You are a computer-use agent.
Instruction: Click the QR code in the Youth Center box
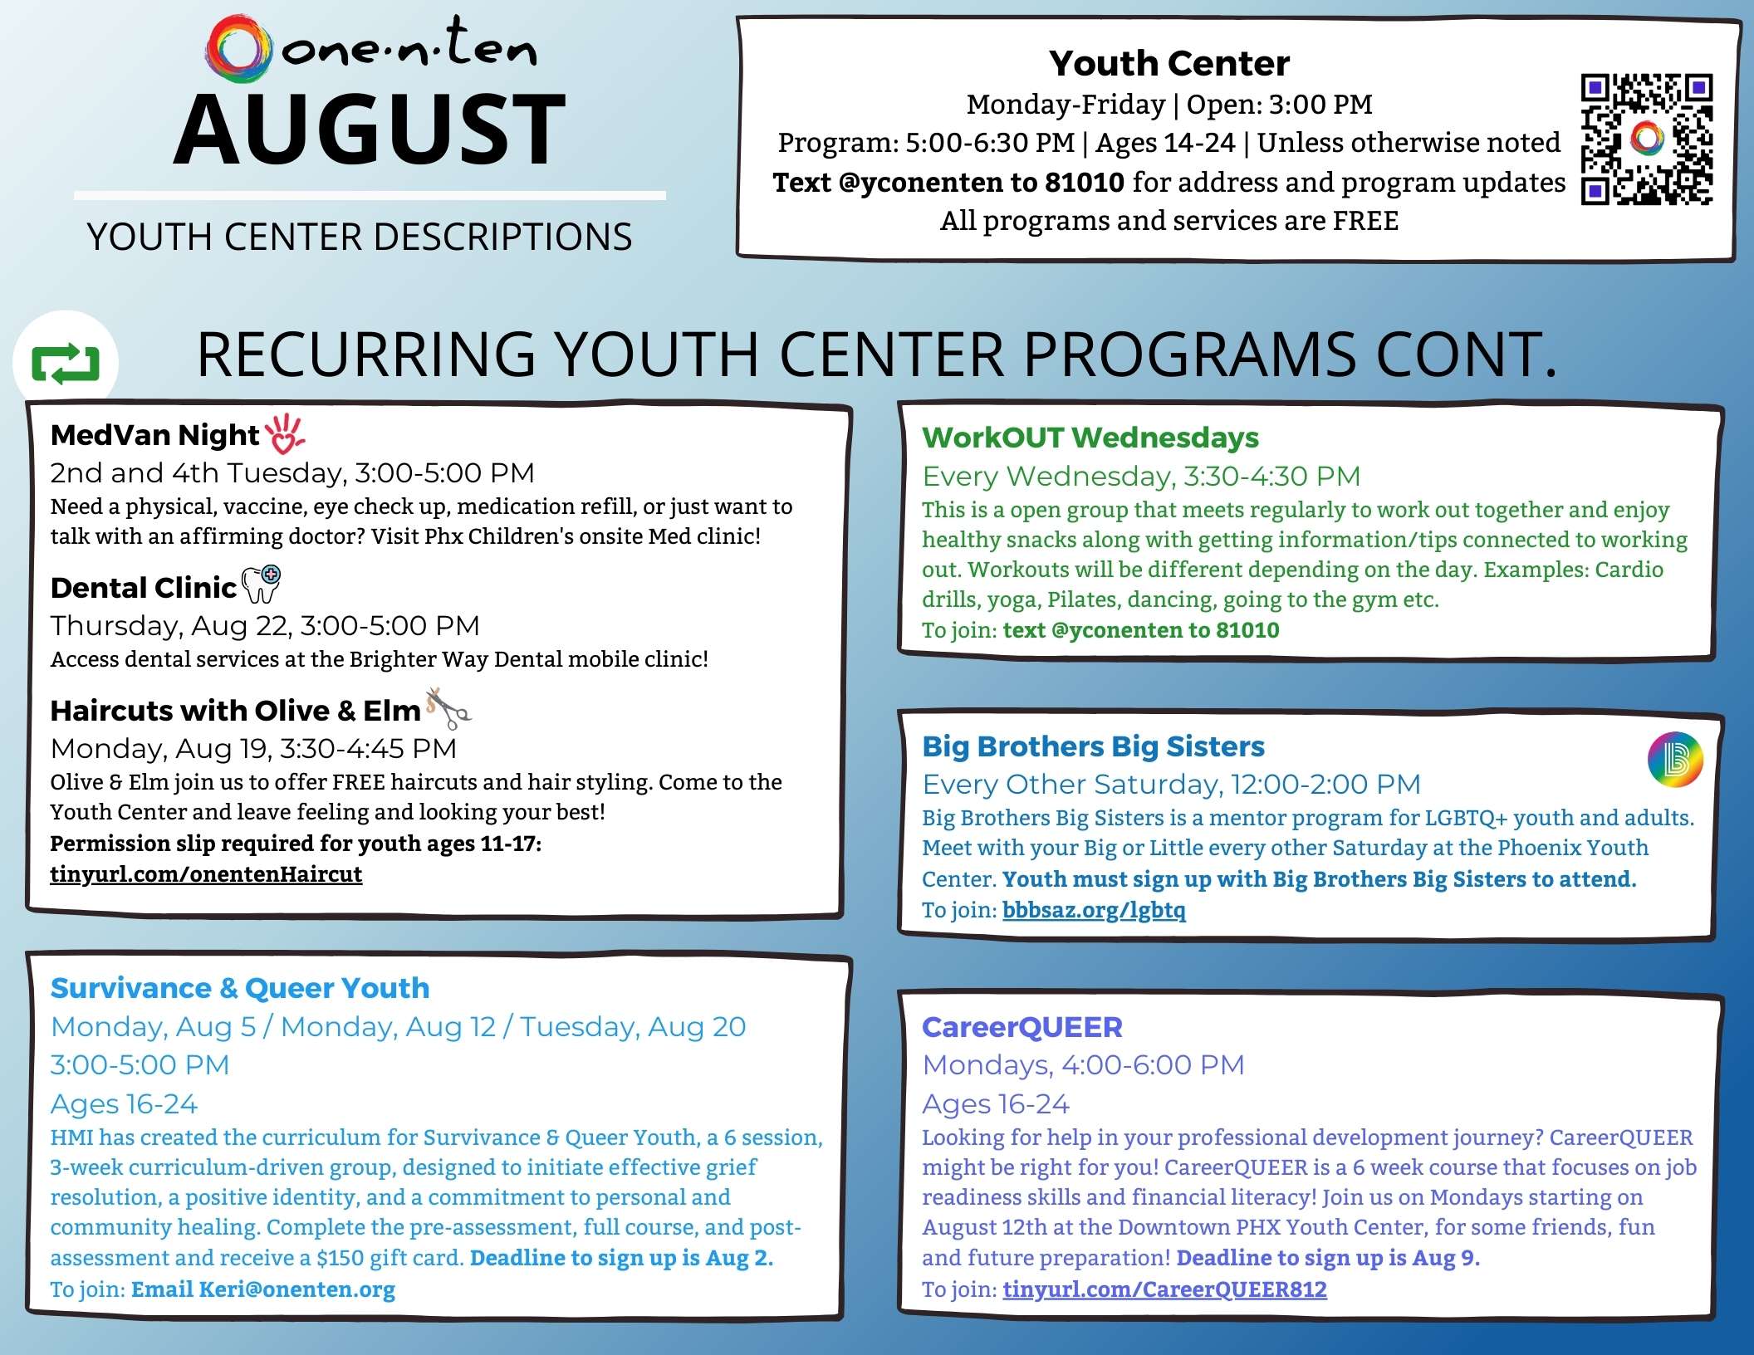coord(1646,139)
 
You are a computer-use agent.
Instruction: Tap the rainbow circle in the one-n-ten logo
coord(239,47)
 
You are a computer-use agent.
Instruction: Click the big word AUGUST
coord(370,130)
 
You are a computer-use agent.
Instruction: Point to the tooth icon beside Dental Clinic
coord(261,584)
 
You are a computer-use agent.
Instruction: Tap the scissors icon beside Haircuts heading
coord(448,707)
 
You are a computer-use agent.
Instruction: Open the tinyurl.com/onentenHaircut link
coord(206,874)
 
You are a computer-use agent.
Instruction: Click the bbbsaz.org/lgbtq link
coord(1094,910)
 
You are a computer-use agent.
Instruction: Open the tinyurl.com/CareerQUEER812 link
coord(1164,1289)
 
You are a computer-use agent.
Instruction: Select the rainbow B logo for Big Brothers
coord(1674,759)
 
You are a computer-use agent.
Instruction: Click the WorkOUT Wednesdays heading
coord(1090,438)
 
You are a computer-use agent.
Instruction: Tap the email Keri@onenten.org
coord(262,1289)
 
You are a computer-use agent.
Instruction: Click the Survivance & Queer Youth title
coord(240,988)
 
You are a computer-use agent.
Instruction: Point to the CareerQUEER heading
coord(1022,1027)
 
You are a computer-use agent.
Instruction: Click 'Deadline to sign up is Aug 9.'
coord(1327,1258)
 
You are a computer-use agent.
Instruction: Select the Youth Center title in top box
coord(1169,63)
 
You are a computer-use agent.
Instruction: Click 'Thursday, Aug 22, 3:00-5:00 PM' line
coord(265,625)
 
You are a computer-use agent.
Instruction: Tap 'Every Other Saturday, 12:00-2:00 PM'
coord(1171,784)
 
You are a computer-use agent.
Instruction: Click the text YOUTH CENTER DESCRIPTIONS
coord(359,237)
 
